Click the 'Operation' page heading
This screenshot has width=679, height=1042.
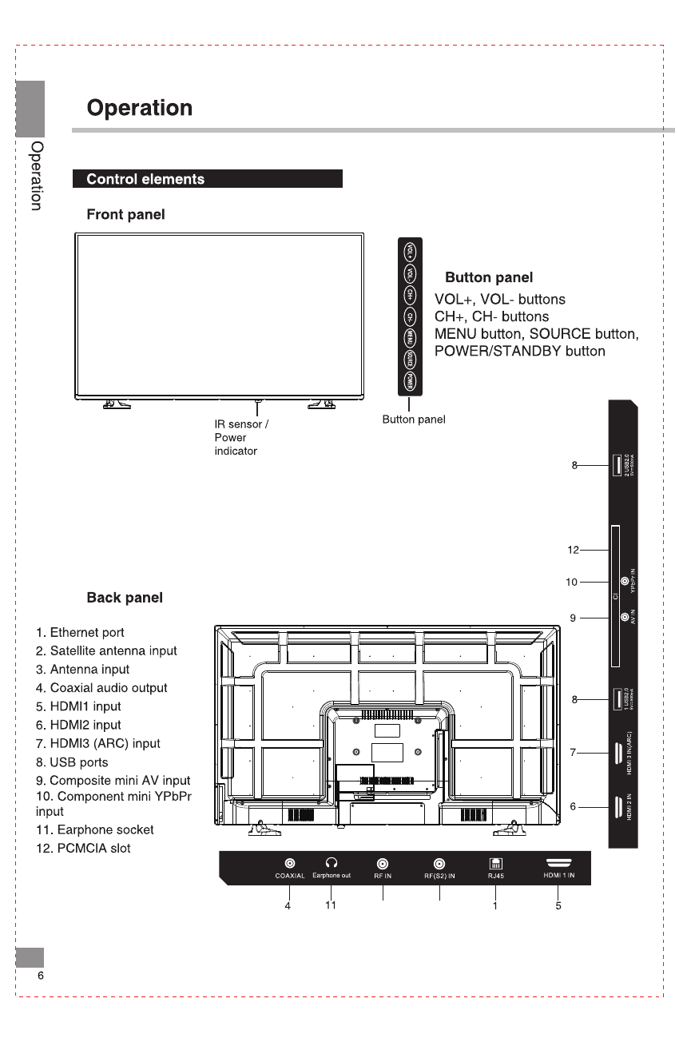(140, 109)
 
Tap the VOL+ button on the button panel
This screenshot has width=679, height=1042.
(410, 253)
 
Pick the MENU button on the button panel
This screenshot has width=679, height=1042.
(410, 338)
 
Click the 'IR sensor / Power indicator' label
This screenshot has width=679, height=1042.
(240, 437)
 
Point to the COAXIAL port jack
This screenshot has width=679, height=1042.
(289, 863)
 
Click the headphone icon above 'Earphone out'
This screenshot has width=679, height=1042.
(332, 863)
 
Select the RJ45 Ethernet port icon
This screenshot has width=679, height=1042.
(495, 863)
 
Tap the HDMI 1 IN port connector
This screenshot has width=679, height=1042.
(558, 862)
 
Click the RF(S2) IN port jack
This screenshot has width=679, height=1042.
(439, 863)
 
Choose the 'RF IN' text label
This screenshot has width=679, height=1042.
(383, 876)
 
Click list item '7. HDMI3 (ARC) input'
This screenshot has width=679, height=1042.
(98, 743)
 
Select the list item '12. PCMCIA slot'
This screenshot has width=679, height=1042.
(83, 848)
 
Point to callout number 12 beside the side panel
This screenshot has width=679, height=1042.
(573, 550)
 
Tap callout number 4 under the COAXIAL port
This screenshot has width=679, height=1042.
(288, 906)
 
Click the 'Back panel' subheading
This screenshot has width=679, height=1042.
(125, 598)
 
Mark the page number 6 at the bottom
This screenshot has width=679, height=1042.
(40, 976)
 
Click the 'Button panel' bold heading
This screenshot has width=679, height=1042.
(489, 278)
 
